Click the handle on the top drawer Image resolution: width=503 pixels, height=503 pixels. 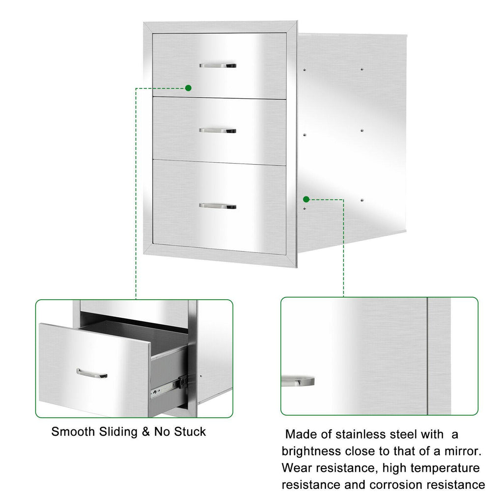(218, 65)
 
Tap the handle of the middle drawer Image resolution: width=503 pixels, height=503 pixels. (218, 131)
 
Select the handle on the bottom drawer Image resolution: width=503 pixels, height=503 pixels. (218, 206)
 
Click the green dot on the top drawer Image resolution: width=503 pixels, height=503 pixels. (188, 88)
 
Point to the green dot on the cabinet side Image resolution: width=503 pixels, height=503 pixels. (307, 199)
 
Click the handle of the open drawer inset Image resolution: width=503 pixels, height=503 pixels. (92, 374)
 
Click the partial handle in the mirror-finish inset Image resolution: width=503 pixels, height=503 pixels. (298, 381)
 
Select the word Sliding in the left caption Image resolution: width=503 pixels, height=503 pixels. (118, 432)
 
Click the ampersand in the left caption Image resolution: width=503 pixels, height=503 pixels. (146, 432)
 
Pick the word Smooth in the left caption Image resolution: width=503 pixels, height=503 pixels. (73, 432)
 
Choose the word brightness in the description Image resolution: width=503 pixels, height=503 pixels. (311, 451)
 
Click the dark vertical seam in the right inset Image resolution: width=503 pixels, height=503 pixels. (427, 356)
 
